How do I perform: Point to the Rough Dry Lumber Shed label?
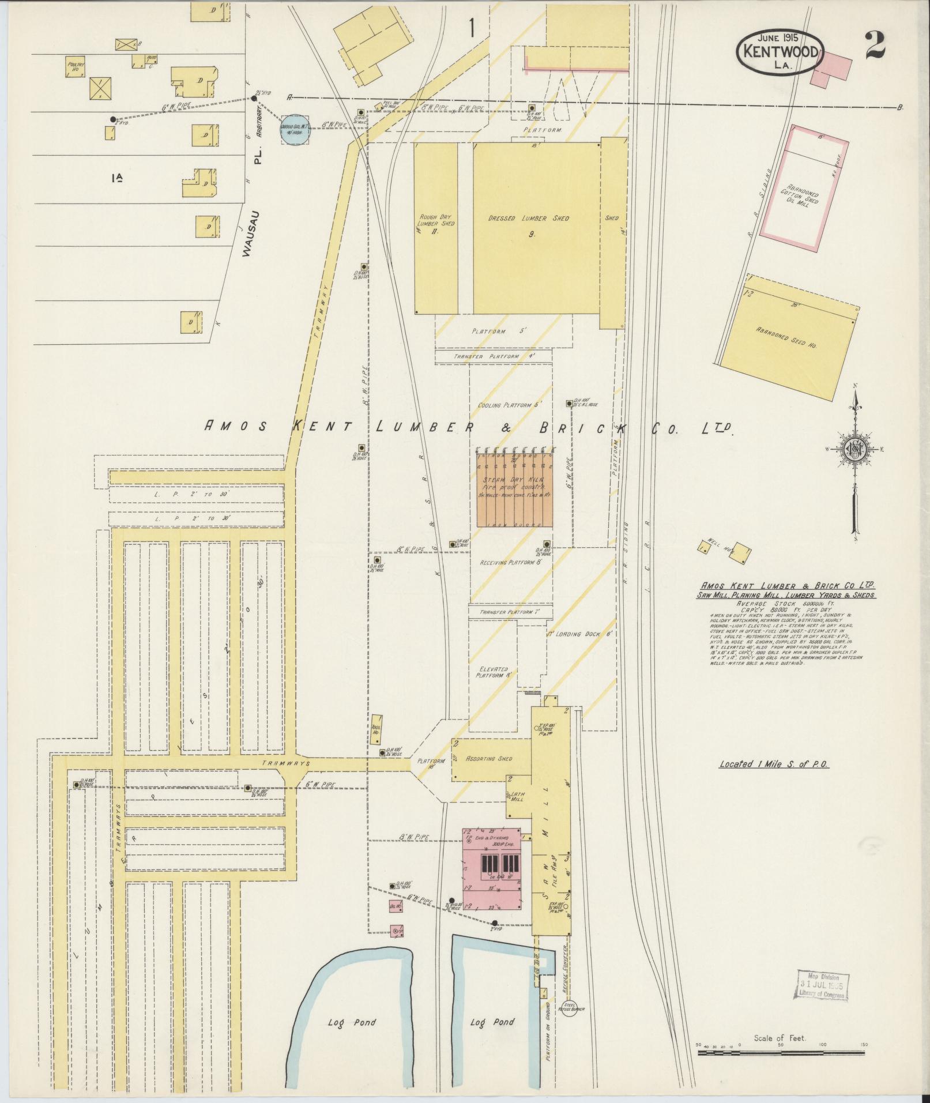(x=436, y=224)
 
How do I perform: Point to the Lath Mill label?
(x=517, y=797)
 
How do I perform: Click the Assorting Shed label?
(x=489, y=758)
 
